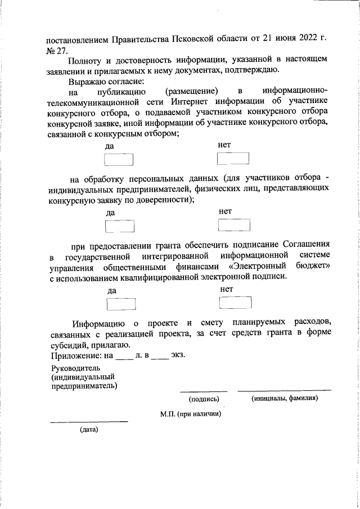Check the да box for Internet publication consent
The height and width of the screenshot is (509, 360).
120,161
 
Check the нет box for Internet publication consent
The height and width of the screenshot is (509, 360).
232,160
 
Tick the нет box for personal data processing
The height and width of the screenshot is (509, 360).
233,226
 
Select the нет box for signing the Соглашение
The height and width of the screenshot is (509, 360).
235,303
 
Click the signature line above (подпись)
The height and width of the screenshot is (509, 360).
204,390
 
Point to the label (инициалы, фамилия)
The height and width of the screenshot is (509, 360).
284,399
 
